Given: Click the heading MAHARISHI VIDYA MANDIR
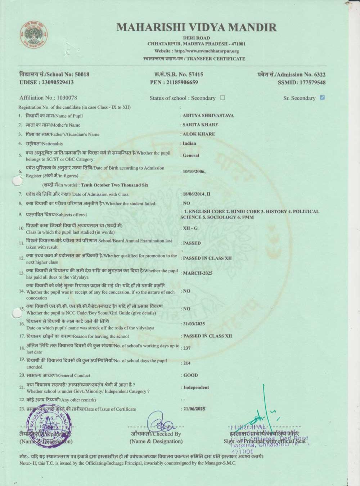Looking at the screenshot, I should click(x=197, y=27).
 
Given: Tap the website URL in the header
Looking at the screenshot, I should click(x=197, y=51).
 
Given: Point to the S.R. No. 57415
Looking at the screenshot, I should click(x=194, y=75).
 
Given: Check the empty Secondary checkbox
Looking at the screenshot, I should click(x=222, y=98).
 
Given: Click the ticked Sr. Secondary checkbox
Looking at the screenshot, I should click(x=322, y=98).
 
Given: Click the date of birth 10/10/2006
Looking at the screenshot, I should click(x=194, y=171).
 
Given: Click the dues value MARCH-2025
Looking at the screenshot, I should click(x=198, y=273).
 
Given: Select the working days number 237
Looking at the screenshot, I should click(x=187, y=348).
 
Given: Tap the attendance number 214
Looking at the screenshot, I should click(x=187, y=363).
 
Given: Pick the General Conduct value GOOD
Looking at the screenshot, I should click(x=190, y=375).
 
